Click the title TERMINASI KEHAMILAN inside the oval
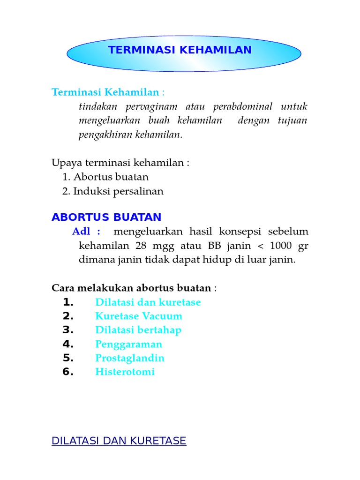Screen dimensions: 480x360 pyautogui.click(x=180, y=50)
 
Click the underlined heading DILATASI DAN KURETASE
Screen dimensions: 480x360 pyautogui.click(x=119, y=441)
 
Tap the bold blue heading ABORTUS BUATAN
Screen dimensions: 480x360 pyautogui.click(x=106, y=217)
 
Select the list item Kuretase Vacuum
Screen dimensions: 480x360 pyautogui.click(x=139, y=316)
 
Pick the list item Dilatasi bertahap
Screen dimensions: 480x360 pyautogui.click(x=138, y=330)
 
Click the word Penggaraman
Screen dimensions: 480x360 pyautogui.click(x=129, y=344)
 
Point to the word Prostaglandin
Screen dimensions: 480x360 pyautogui.click(x=130, y=358)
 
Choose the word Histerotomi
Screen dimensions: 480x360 pyautogui.click(x=125, y=372)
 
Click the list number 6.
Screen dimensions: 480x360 pyautogui.click(x=68, y=372)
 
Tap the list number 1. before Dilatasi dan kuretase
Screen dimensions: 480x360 pyautogui.click(x=68, y=302)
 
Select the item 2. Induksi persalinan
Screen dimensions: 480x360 pyautogui.click(x=112, y=191)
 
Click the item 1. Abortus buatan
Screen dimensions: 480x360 pyautogui.click(x=105, y=177)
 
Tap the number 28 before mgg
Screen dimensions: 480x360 pyautogui.click(x=141, y=246)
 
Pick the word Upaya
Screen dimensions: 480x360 pyautogui.click(x=64, y=163)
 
